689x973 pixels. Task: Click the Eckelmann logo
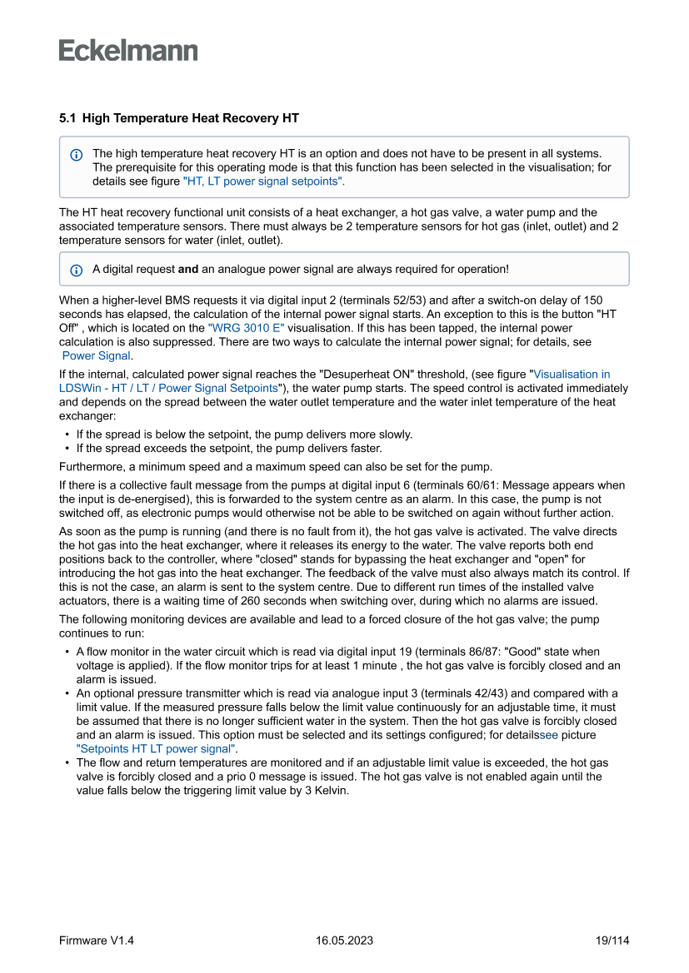coord(128,51)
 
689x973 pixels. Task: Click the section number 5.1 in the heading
coord(67,119)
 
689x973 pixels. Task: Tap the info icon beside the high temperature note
coord(77,155)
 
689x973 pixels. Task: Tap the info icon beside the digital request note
coord(77,270)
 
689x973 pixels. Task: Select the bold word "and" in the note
coord(187,270)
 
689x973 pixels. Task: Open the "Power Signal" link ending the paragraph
coord(96,355)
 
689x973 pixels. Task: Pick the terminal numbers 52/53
coord(411,300)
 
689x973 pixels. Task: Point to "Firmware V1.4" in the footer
coord(97,941)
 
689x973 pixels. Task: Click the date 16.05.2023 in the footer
coord(344,941)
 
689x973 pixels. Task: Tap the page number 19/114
coord(612,941)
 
